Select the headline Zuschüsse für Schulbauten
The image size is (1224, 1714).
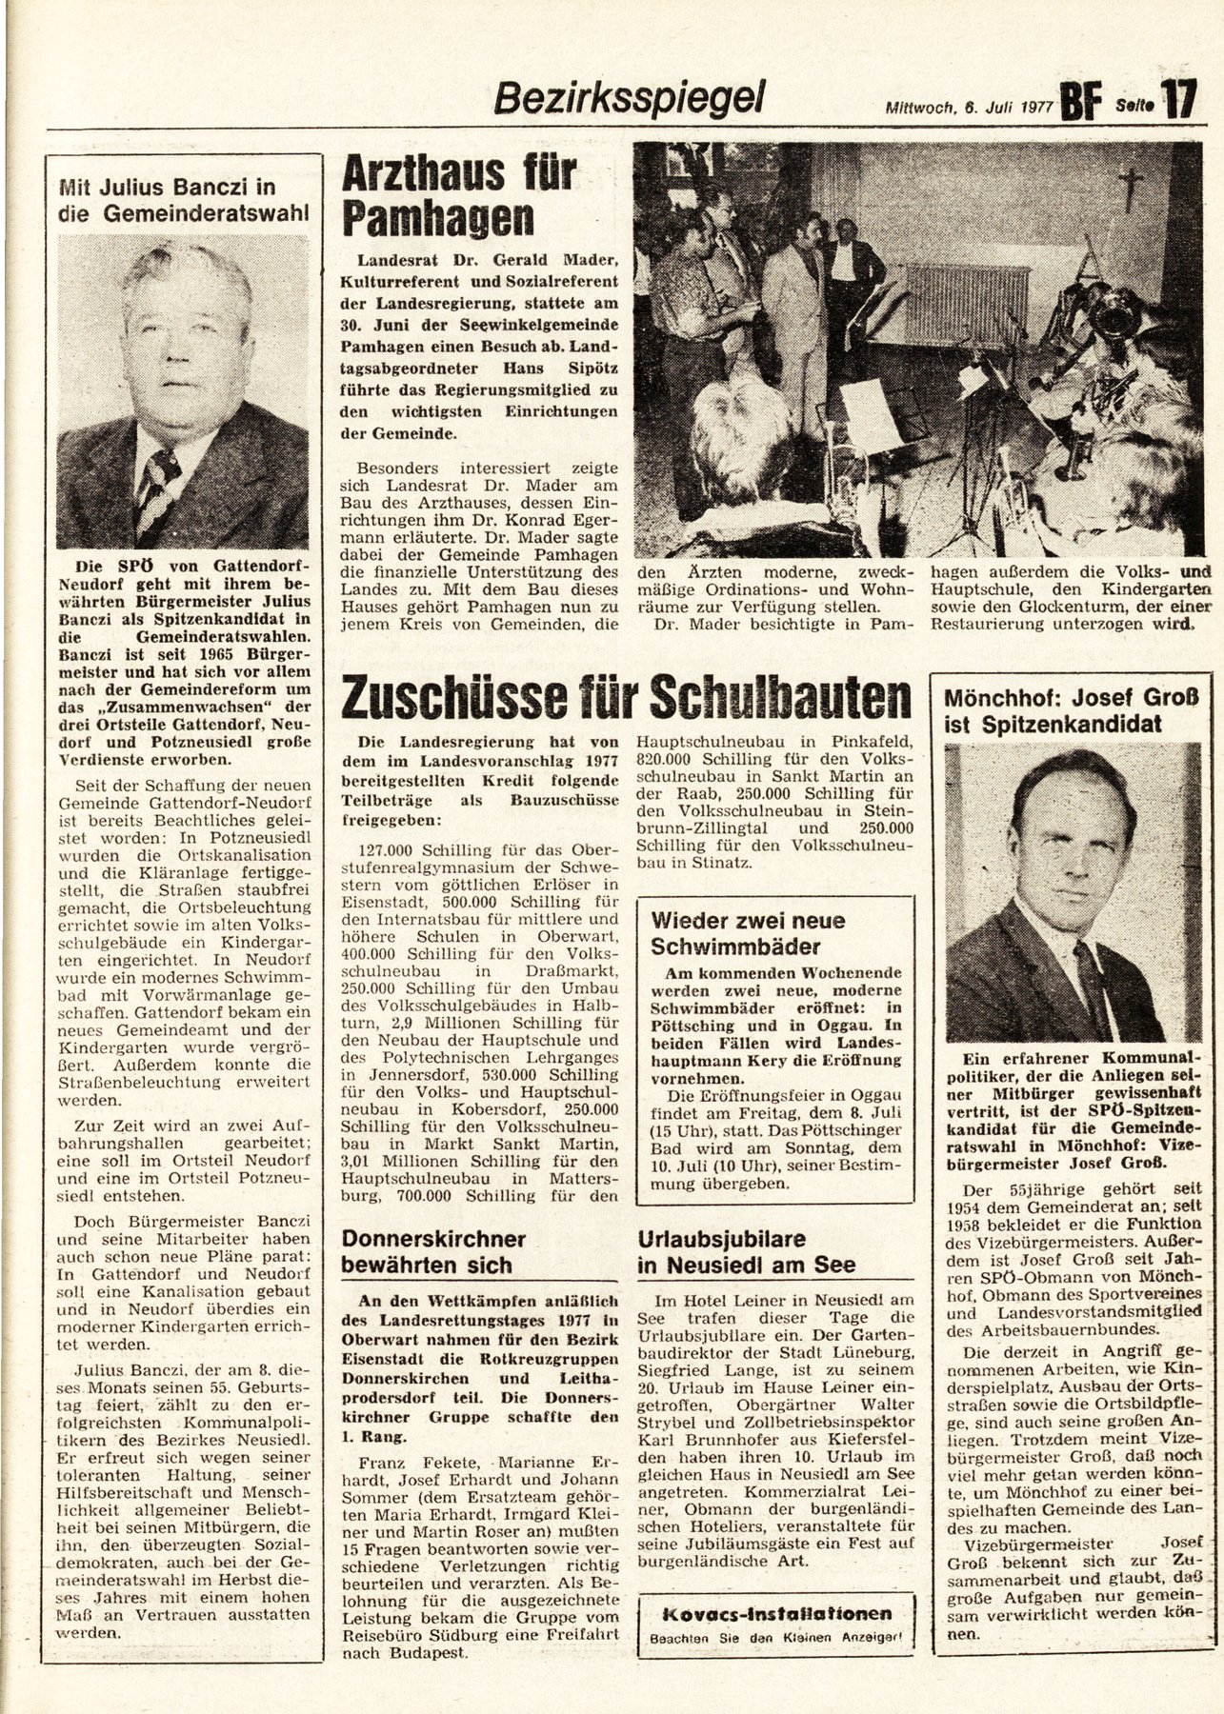click(x=627, y=702)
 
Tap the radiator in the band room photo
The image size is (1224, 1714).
click(x=966, y=305)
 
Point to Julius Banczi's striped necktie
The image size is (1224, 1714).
click(x=157, y=486)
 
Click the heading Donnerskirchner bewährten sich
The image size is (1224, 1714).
click(x=434, y=1252)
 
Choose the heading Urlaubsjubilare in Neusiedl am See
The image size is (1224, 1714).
click(x=748, y=1252)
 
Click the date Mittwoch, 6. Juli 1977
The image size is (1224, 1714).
click(x=965, y=108)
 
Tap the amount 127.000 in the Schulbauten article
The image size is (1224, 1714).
click(x=391, y=849)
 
